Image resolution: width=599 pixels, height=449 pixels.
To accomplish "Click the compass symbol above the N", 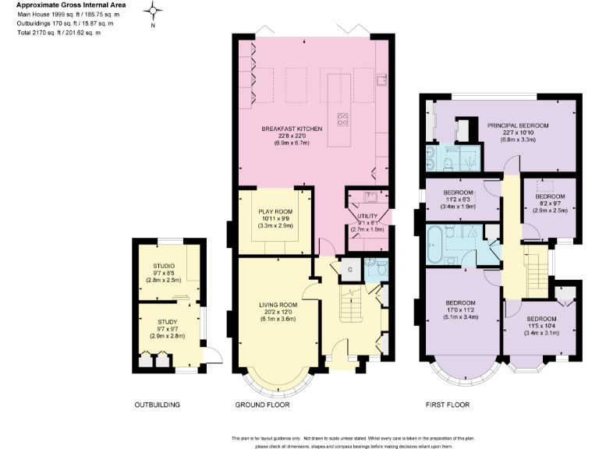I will (154, 12).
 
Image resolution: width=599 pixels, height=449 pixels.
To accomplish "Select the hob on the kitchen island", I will (342, 119).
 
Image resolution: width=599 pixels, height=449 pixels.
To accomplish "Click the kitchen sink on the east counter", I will (381, 79).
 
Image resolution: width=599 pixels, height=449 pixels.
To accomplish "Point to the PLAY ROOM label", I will (276, 211).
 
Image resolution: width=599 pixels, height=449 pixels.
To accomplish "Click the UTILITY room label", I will (367, 215).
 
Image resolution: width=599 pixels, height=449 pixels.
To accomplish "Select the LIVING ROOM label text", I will (278, 305).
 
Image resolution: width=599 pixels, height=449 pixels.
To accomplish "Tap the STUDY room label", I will (167, 321).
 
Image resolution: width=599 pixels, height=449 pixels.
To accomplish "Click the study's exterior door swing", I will (208, 358).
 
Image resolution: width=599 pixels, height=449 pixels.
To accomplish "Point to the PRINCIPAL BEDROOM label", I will (519, 126).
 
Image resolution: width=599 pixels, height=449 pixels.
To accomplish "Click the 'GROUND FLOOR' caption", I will (262, 405).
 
